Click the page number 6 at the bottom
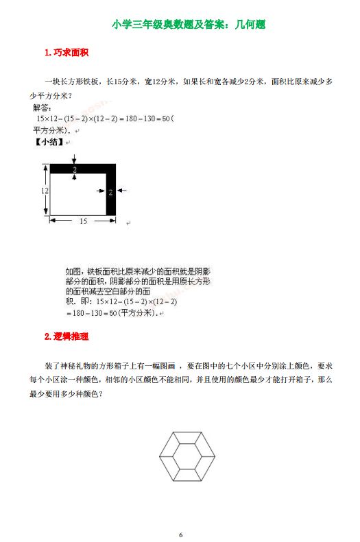click(180, 534)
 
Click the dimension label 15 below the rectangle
click(83, 221)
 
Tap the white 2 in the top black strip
click(74, 169)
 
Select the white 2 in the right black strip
click(110, 193)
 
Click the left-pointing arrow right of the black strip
click(122, 193)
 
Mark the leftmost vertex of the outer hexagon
click(159, 454)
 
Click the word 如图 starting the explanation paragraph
click(72, 271)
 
